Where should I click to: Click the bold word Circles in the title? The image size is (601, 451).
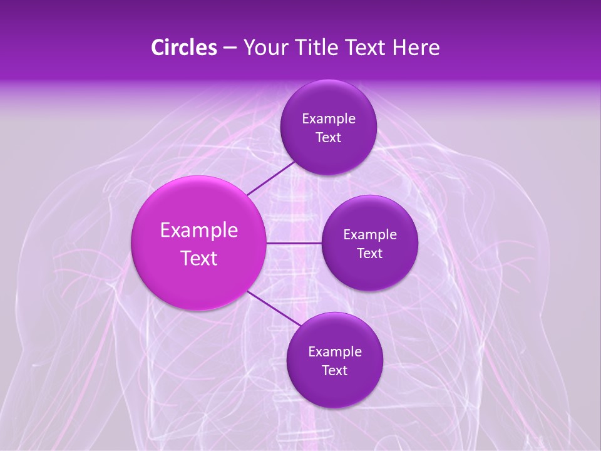point(183,48)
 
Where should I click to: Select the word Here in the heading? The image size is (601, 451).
point(416,48)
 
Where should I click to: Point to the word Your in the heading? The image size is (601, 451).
point(262,48)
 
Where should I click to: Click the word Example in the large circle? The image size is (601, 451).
point(199,231)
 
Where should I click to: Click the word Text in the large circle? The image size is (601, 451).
point(199,258)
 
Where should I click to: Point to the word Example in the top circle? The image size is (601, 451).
point(328,119)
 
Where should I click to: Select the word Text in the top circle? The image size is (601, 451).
point(328,138)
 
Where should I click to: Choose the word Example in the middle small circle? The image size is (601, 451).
point(369,235)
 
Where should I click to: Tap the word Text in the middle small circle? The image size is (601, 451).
point(369,254)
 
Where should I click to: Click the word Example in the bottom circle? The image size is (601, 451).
point(334,352)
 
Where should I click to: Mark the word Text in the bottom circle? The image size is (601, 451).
point(334,371)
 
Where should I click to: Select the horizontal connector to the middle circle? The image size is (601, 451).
point(294,243)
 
